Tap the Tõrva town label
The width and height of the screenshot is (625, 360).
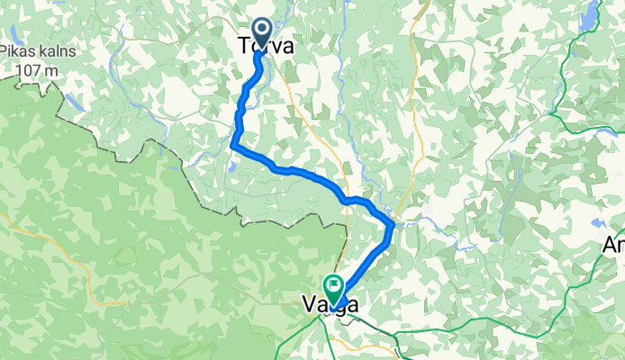click(x=265, y=47)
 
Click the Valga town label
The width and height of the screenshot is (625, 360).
click(x=331, y=306)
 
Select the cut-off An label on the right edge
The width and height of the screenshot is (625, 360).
click(x=614, y=244)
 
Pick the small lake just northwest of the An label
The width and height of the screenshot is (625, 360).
click(x=596, y=221)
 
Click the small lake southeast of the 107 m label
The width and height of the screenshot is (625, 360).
click(x=77, y=102)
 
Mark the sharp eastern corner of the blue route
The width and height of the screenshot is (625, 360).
click(x=392, y=222)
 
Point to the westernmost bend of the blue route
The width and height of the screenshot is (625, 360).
click(x=233, y=144)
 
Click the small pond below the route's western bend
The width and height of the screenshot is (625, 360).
click(x=232, y=166)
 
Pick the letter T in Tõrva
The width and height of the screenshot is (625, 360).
click(x=242, y=47)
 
